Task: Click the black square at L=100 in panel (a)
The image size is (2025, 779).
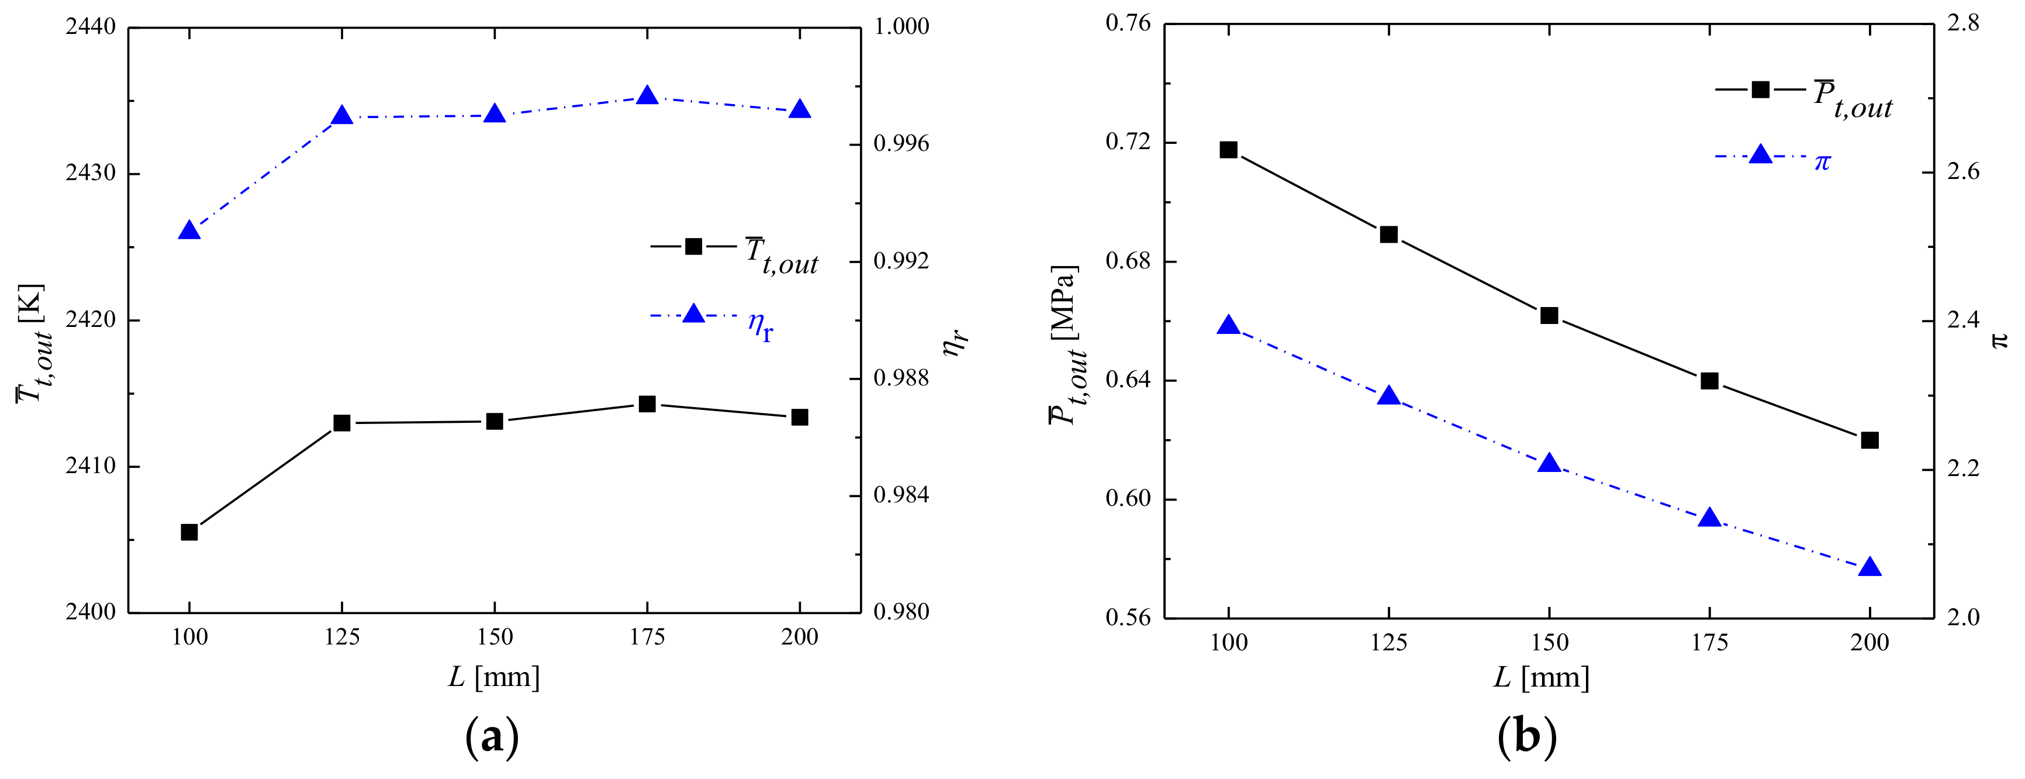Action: click(x=189, y=532)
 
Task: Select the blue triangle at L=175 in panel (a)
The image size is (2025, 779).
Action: click(x=647, y=96)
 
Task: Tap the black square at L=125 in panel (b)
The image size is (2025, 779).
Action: click(x=1389, y=235)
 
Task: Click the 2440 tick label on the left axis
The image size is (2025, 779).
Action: click(x=91, y=27)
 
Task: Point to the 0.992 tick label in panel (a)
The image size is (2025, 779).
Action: click(x=901, y=261)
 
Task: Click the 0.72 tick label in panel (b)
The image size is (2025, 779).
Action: click(x=1128, y=142)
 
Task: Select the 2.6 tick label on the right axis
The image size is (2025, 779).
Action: click(x=1963, y=172)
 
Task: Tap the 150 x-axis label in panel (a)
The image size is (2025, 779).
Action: click(x=495, y=637)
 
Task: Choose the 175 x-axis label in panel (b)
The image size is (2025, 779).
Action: click(x=1710, y=643)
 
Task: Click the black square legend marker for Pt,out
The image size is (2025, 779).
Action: click(x=1761, y=89)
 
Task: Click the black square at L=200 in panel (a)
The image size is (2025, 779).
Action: click(x=800, y=418)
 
